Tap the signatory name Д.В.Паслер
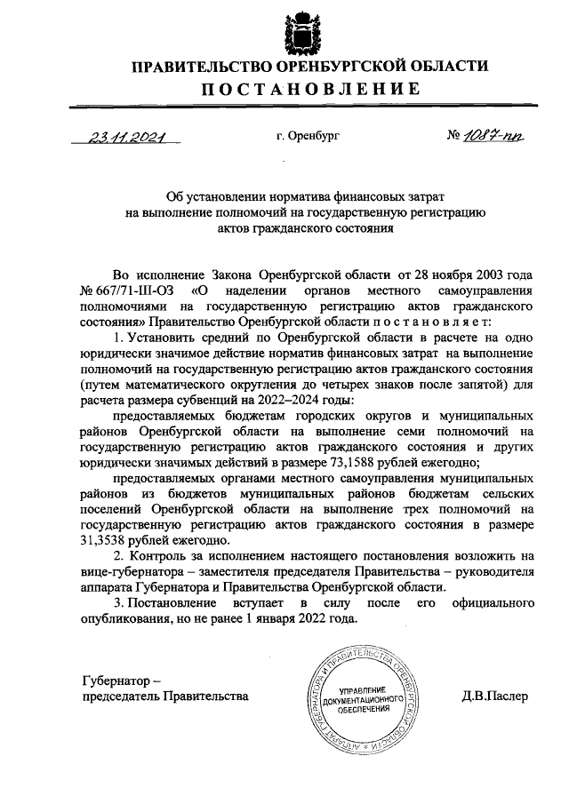[494, 696]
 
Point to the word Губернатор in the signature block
[116, 680]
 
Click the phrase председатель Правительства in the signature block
[164, 696]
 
